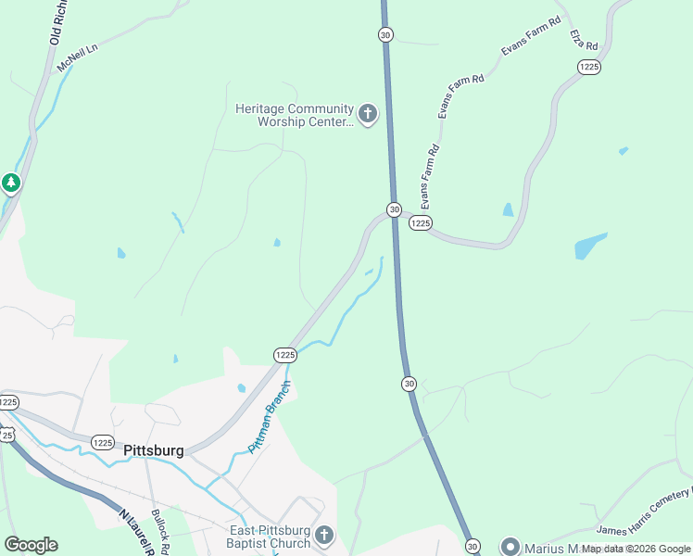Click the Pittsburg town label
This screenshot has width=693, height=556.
click(x=153, y=451)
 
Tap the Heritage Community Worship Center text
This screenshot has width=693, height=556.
click(x=295, y=115)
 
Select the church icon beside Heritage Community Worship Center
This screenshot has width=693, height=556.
click(x=368, y=115)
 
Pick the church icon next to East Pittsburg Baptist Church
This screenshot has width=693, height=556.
click(x=323, y=535)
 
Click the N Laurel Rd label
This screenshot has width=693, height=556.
click(x=135, y=529)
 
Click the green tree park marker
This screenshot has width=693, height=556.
click(x=11, y=183)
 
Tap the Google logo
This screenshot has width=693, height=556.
click(x=31, y=545)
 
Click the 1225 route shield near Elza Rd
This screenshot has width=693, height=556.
click(x=588, y=67)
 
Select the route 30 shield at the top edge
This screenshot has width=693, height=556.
click(x=385, y=34)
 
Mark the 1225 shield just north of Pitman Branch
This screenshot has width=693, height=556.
click(x=284, y=355)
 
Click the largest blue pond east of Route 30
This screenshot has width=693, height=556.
click(x=589, y=246)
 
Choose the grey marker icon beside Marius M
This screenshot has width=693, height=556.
click(x=510, y=547)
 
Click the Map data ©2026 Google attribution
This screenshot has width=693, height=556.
click(x=636, y=549)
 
